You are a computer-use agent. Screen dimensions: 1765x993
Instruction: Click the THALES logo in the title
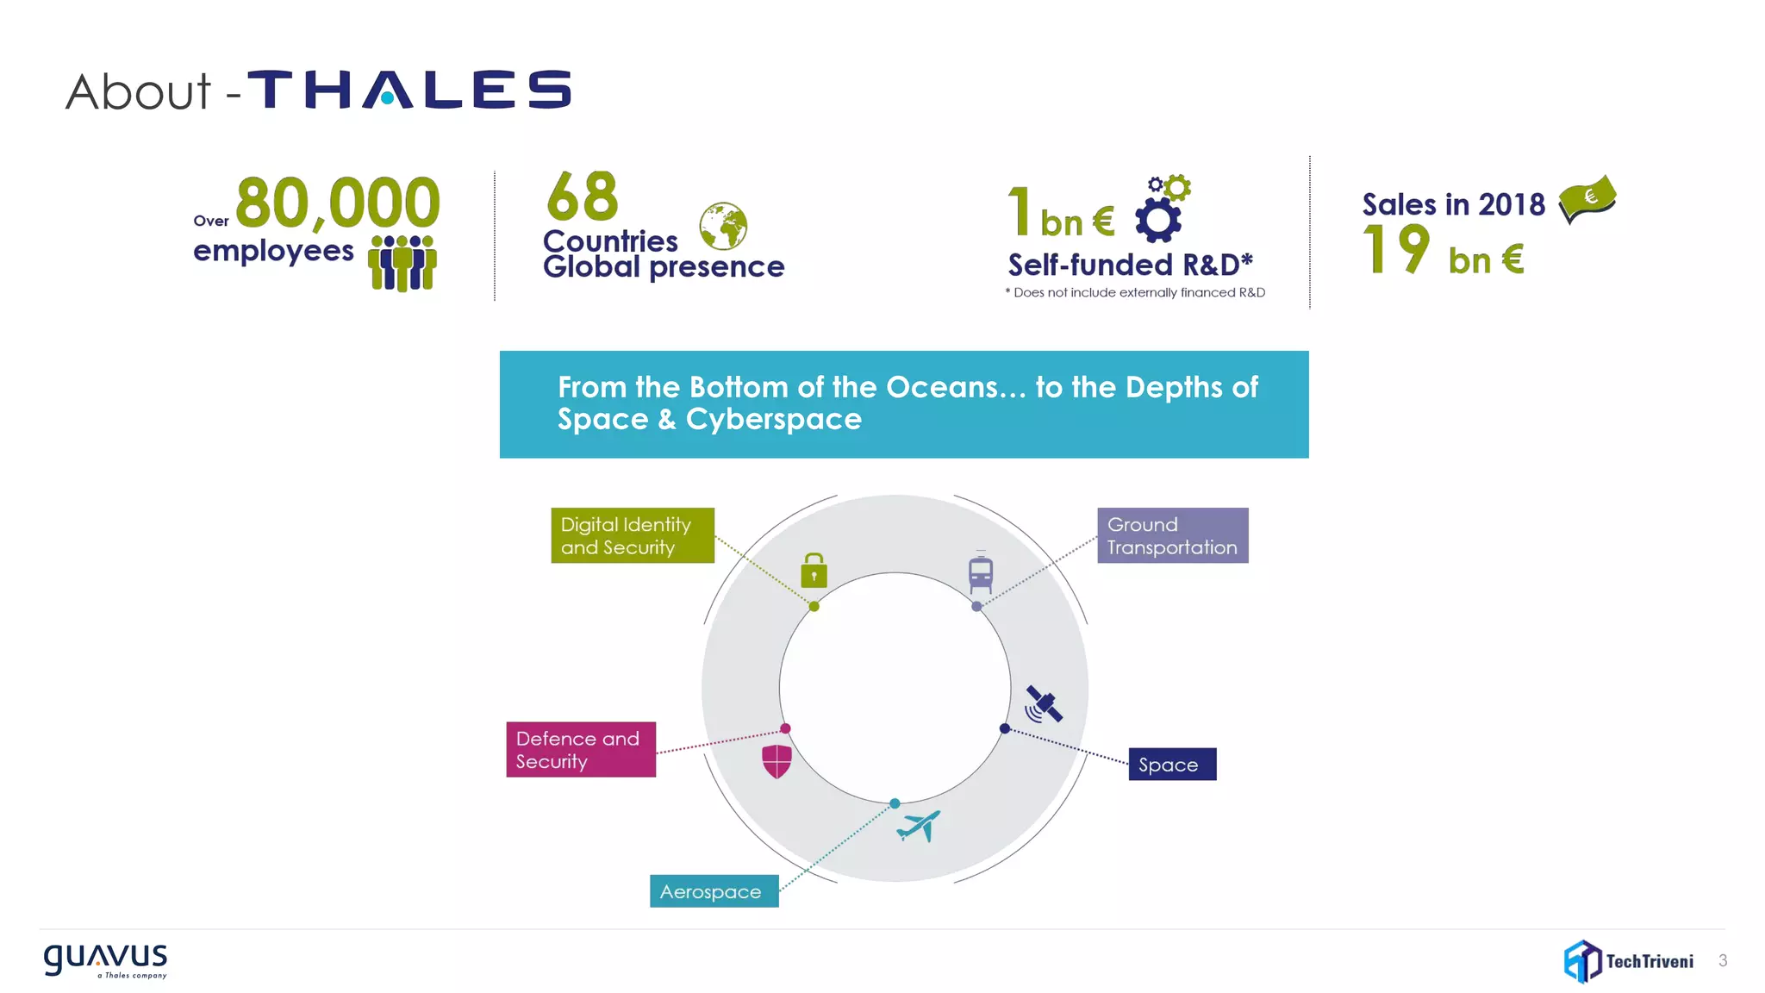point(409,90)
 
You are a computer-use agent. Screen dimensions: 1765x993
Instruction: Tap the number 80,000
point(337,203)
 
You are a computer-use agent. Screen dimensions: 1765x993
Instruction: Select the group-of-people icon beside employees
point(402,263)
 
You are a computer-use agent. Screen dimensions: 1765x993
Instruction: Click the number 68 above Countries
point(583,197)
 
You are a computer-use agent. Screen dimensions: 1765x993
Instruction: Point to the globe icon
point(723,226)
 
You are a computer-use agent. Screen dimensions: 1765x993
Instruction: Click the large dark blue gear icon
point(1157,221)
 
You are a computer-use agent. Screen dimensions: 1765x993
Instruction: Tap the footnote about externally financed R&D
point(1135,293)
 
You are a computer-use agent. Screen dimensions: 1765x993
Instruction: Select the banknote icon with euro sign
point(1587,199)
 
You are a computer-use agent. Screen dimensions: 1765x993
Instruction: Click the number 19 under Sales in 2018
point(1395,250)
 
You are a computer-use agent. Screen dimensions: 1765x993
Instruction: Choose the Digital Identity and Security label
point(633,535)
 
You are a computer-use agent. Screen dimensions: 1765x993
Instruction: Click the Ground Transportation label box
point(1172,535)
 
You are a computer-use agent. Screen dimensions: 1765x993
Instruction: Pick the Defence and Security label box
point(581,749)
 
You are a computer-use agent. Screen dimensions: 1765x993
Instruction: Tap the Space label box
point(1172,765)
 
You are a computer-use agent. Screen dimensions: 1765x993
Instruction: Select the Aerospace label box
point(714,891)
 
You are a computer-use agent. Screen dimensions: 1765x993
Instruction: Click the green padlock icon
point(814,571)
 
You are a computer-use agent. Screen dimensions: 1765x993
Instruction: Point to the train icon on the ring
point(981,573)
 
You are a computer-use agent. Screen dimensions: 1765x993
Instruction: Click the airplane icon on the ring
point(919,826)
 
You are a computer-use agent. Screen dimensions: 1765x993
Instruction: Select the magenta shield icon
point(776,761)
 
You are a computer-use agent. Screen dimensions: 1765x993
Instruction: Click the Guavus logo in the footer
point(106,960)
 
